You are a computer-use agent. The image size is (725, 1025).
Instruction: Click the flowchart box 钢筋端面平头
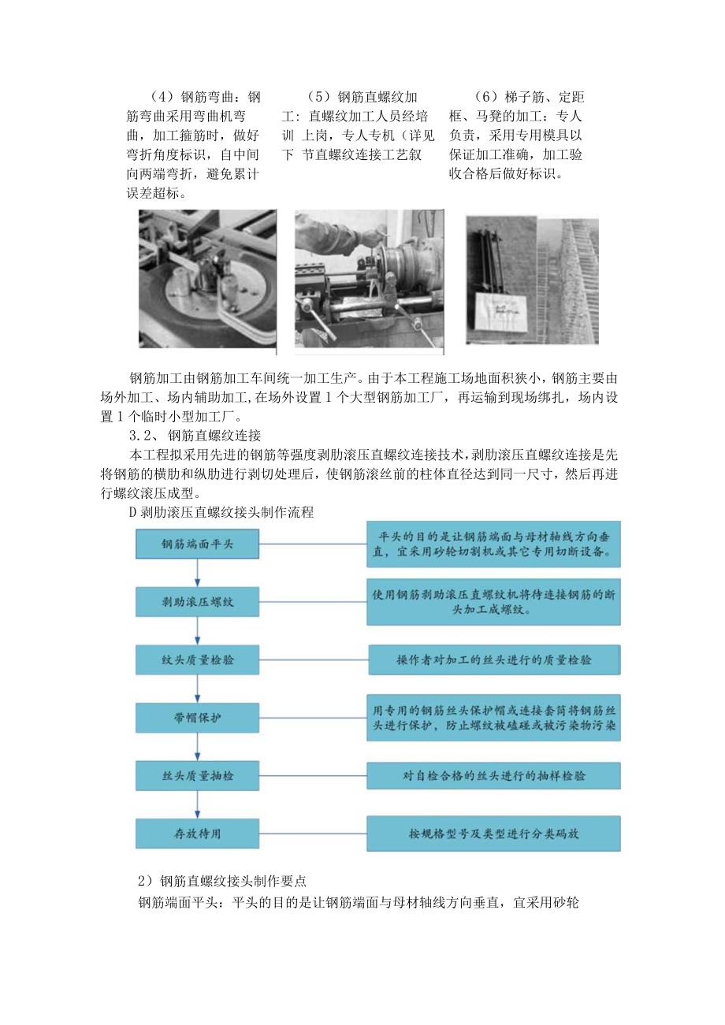coord(197,544)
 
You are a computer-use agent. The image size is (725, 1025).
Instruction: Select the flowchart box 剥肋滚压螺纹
coord(197,602)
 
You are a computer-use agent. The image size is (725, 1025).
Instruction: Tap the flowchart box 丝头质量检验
coord(197,659)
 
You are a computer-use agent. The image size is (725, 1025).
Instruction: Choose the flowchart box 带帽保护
coord(197,717)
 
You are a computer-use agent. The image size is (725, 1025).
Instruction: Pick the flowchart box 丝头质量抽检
coord(197,775)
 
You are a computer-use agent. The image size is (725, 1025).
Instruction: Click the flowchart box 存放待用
coord(197,833)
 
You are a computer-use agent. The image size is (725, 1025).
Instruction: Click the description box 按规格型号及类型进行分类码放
coord(494,833)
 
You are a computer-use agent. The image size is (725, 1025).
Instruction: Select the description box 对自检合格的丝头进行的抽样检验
coord(494,775)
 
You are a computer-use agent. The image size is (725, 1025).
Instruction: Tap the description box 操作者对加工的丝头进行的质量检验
coord(494,659)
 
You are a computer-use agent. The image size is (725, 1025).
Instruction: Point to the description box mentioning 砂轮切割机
coord(494,544)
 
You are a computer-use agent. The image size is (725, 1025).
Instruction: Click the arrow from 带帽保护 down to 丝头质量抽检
coord(197,746)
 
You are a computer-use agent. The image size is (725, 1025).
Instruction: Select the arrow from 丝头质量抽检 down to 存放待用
coord(197,804)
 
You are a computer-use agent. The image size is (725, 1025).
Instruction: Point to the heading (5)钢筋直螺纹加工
coord(363,98)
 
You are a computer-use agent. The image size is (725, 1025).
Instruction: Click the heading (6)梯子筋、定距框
coord(530,98)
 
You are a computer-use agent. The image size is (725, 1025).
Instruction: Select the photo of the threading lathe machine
coord(369,278)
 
